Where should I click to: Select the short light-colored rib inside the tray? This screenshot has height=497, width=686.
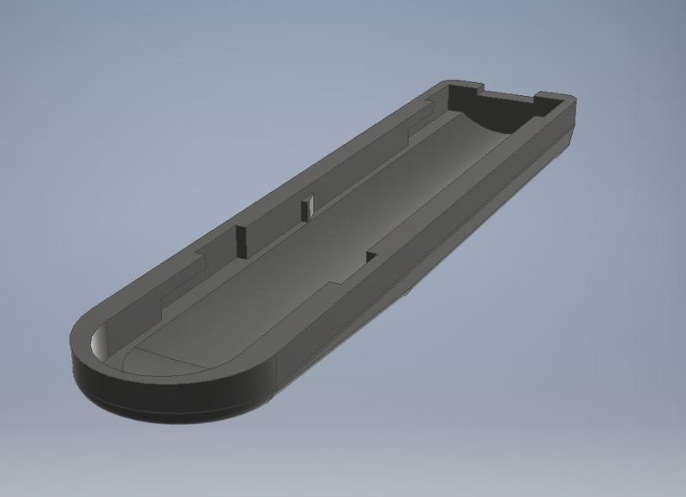[x=307, y=206]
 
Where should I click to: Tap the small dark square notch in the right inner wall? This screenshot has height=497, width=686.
[x=371, y=256]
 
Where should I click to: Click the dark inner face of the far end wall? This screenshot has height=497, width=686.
[x=506, y=107]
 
